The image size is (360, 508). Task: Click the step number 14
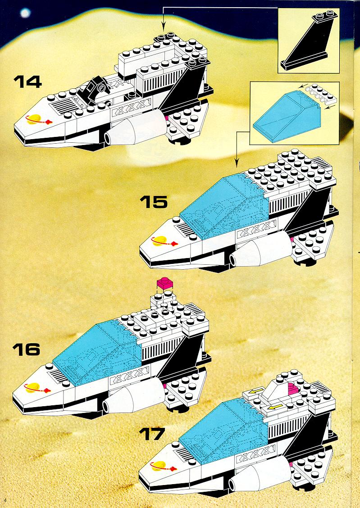pos(27,82)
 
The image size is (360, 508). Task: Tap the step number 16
pos(26,349)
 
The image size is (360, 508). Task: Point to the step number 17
pos(152,434)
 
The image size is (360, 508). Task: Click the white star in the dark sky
pos(25,13)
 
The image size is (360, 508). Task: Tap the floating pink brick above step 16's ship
pos(165,283)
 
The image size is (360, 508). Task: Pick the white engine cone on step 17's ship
pos(261,475)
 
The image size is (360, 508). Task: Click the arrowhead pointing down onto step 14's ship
pos(163,27)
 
